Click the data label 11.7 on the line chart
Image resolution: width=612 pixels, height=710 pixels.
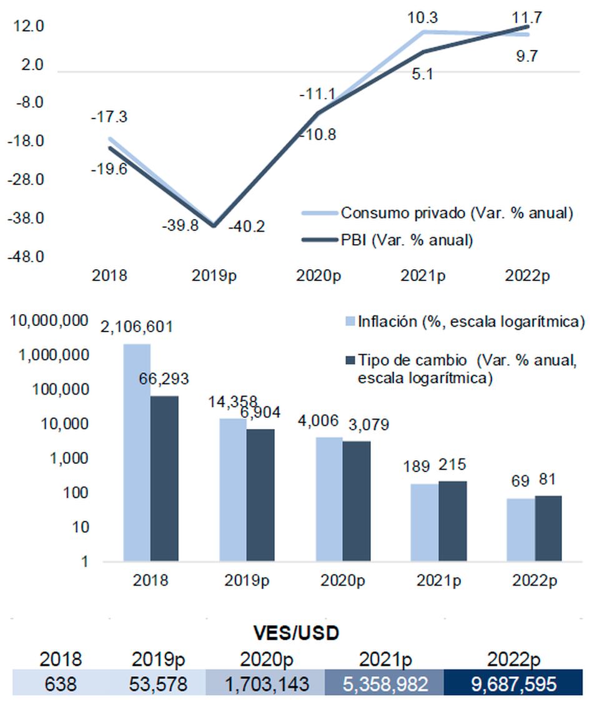[528, 17]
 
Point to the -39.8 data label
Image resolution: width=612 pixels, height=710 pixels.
[180, 225]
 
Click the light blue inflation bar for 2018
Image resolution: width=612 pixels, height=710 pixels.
[137, 452]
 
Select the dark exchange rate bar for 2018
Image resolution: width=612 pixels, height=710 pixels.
[164, 478]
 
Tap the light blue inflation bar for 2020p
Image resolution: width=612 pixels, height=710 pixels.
[328, 499]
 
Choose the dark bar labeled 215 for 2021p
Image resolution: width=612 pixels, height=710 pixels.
[453, 521]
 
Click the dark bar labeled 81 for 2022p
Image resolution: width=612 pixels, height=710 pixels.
[548, 528]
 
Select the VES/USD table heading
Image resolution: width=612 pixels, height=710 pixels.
[297, 633]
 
